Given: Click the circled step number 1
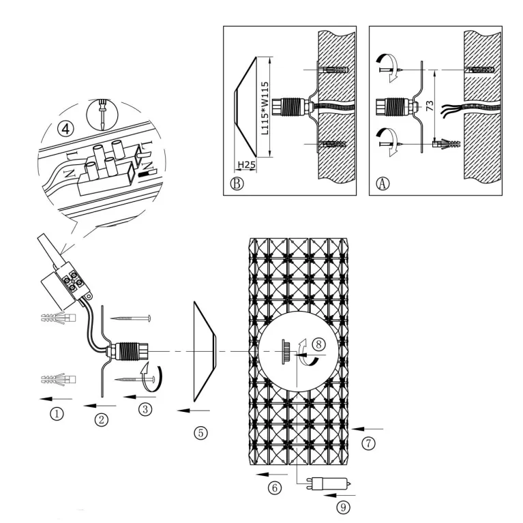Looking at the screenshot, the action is [x=57, y=414].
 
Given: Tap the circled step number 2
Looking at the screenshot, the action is [x=102, y=419].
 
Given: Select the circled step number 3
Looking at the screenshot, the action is [x=145, y=409].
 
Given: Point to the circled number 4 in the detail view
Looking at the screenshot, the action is [x=65, y=128].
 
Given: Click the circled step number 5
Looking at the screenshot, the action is [x=200, y=433].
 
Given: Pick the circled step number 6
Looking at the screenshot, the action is [x=275, y=488].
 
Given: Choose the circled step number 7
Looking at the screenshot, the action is [x=368, y=443].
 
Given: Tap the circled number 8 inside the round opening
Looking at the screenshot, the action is [x=318, y=344].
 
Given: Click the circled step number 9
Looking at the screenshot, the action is [x=343, y=507].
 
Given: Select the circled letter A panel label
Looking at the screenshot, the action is [x=383, y=183].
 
